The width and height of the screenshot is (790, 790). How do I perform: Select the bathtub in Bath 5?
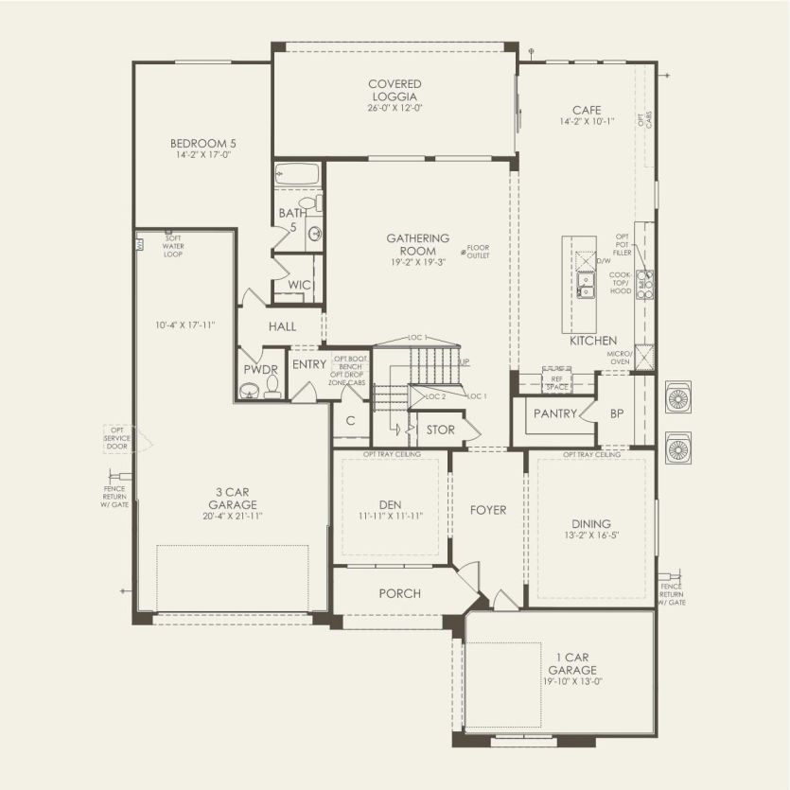click(297, 175)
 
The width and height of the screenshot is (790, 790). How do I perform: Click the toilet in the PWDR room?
click(272, 386)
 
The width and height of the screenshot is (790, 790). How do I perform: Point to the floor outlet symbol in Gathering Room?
click(463, 252)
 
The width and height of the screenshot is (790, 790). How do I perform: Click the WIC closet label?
click(299, 285)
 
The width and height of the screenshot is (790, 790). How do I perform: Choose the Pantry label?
click(555, 413)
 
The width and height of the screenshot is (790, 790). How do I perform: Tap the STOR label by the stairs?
click(441, 430)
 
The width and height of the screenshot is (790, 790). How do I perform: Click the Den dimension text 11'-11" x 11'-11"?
click(391, 516)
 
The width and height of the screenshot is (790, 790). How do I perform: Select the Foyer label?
click(488, 510)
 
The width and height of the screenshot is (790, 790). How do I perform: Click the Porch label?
click(399, 593)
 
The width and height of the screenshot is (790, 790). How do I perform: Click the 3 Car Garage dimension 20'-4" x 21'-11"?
click(232, 516)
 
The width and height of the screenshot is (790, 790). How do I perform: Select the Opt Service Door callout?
click(117, 439)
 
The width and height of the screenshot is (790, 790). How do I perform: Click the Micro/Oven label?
click(620, 357)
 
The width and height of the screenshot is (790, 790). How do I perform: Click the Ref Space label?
click(555, 383)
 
